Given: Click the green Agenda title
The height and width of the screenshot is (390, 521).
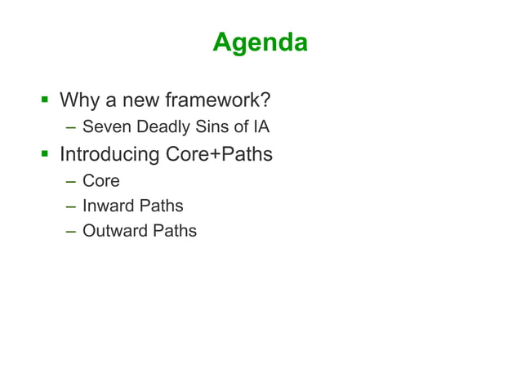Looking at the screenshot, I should (x=260, y=42).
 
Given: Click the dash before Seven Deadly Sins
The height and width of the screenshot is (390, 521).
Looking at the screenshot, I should (x=72, y=127).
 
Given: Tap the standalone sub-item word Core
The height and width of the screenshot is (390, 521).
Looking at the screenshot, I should (x=100, y=180).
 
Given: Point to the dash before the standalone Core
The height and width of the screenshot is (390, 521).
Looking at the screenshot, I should (x=72, y=181).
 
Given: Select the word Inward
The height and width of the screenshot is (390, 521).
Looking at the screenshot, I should (x=109, y=206).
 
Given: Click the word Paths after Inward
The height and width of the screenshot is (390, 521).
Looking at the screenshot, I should (x=162, y=206).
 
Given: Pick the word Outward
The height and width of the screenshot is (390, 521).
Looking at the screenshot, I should (x=116, y=231).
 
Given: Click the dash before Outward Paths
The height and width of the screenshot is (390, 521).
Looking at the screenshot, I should (x=72, y=232).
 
